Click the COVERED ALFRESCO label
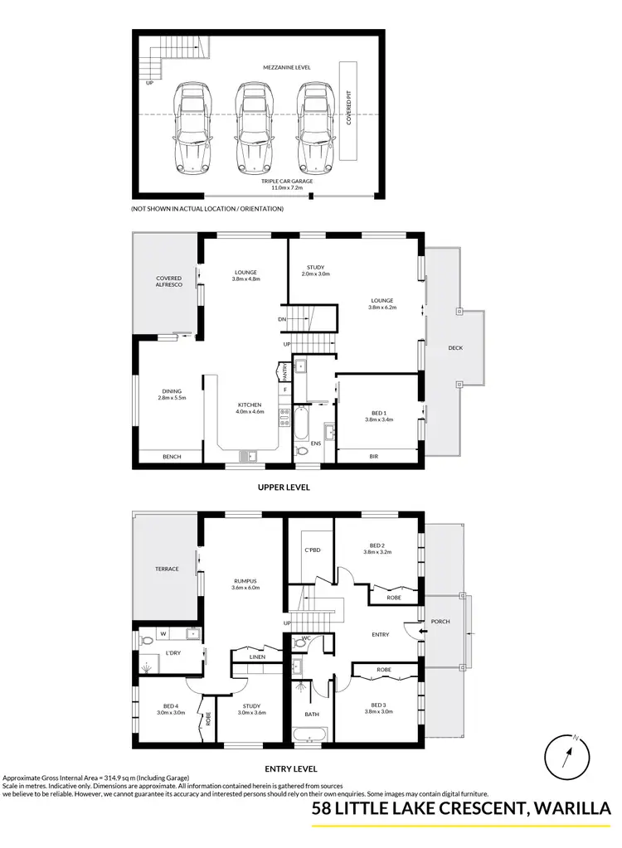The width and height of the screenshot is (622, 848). pos(168,282)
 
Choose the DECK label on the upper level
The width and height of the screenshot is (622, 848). pos(454,347)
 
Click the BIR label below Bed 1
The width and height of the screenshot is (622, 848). pos(373,456)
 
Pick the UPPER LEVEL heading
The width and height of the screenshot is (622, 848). pos(284,487)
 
